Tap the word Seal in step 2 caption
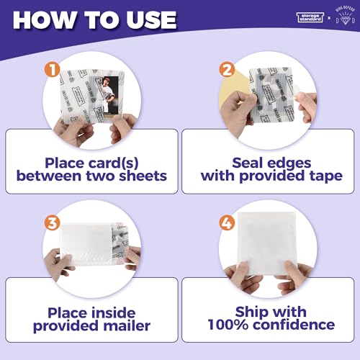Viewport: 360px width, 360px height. [248, 162]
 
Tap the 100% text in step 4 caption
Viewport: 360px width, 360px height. [229, 325]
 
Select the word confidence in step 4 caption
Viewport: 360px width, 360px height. [294, 325]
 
